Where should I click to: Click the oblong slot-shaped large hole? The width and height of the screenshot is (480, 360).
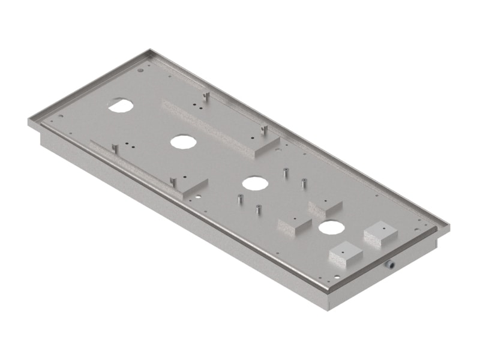coord(121,105)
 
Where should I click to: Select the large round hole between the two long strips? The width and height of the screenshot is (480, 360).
coord(183,142)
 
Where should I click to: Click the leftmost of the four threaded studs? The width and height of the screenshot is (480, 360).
coord(239,199)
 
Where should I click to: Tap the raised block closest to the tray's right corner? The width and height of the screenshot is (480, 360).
coord(380,233)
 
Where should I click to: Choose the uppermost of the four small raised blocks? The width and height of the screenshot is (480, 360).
coord(325,207)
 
